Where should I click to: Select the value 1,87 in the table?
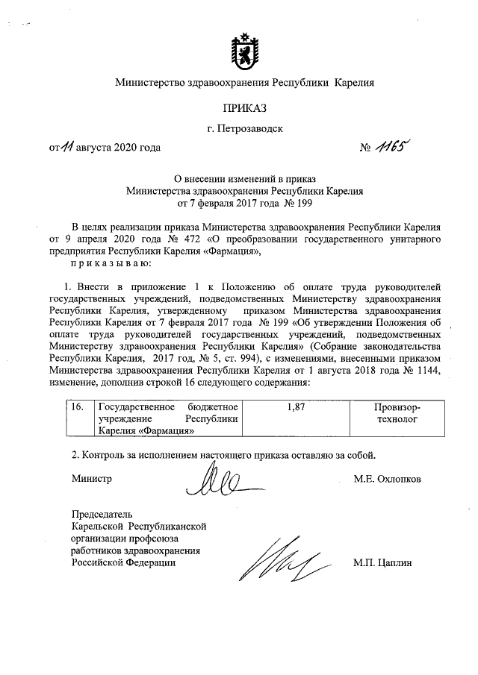coord(297,408)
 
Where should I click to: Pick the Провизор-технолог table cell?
coord(397,414)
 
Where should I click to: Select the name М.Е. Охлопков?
coord(387,479)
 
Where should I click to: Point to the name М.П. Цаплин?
coord(383,562)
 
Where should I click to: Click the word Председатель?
coord(101,515)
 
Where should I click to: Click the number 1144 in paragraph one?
coord(427,371)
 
